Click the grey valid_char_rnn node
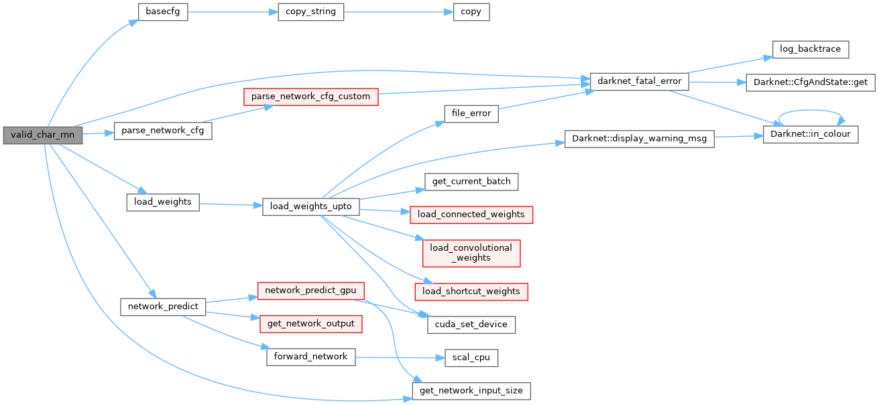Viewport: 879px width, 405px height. point(43,135)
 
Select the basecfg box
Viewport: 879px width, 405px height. point(163,12)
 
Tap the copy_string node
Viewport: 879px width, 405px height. point(311,12)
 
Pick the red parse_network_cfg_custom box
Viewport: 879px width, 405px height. point(311,97)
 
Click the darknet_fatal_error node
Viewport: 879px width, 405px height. point(639,82)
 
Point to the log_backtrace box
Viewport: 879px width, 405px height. point(811,50)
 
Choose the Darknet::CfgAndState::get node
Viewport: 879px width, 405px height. point(811,82)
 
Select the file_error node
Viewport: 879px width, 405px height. point(471,114)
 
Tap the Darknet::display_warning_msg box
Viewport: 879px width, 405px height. point(639,139)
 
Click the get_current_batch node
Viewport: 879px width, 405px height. point(471,182)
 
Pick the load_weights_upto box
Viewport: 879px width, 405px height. point(311,207)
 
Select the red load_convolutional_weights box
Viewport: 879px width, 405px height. point(471,253)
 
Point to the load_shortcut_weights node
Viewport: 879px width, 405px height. point(471,292)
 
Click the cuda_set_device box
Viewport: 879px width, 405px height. point(471,325)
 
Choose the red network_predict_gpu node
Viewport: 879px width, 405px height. point(311,291)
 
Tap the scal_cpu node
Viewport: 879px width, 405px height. point(471,358)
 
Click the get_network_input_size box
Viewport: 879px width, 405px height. point(471,392)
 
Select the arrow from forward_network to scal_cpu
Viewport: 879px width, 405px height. point(400,357)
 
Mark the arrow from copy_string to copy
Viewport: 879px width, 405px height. point(399,12)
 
